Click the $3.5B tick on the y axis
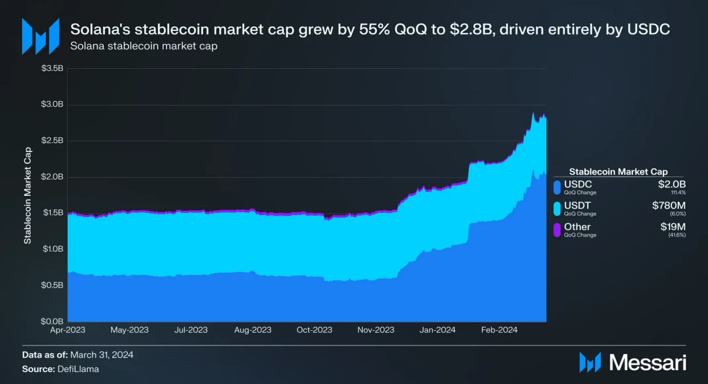point(52,69)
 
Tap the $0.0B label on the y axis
point(52,321)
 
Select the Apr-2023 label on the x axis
point(68,330)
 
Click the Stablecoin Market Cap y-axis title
point(28,195)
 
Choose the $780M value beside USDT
point(669,206)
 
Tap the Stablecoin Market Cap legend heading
point(619,172)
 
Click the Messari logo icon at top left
point(40,36)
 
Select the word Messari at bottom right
point(648,362)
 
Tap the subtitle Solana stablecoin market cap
point(144,46)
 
